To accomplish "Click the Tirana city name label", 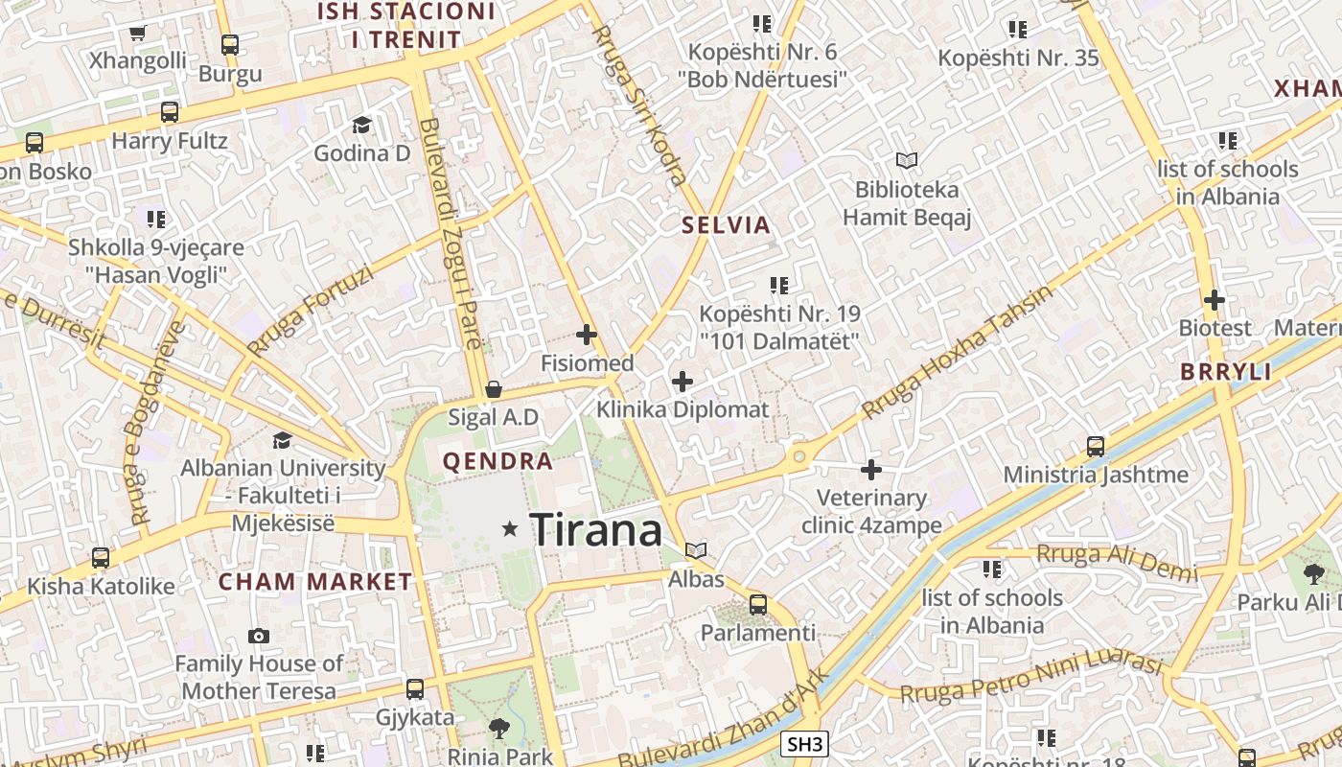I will pos(595,529).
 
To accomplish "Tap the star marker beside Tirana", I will pos(511,528).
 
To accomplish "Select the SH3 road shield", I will pos(803,744).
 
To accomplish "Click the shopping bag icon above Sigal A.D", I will pos(494,389).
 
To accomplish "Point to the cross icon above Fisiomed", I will pos(587,335).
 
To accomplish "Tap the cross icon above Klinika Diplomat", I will pos(683,382).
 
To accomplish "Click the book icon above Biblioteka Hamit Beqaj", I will pos(907,160).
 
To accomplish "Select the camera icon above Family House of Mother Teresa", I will pos(258,636).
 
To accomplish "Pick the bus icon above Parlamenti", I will pos(758,605).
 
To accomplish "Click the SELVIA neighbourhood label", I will pos(726,225).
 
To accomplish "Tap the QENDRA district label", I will pos(497,461).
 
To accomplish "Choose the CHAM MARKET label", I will pos(315,582).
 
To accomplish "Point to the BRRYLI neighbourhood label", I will pos(1226,372).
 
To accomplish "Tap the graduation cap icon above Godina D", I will pos(361,125).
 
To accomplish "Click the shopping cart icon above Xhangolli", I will pos(137,34).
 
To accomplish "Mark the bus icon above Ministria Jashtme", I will pos(1096,446).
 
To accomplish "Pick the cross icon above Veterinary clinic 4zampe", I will pos(871,470).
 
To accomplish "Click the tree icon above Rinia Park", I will pos(499,728).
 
